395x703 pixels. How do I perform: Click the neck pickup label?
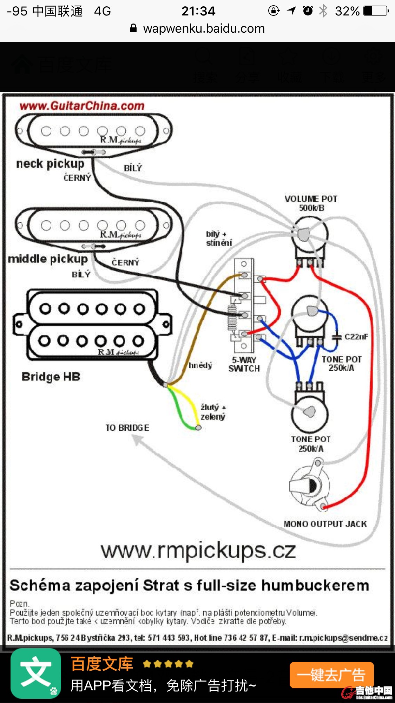point(50,164)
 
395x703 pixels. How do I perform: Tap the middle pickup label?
point(48,259)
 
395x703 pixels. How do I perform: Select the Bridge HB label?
point(51,377)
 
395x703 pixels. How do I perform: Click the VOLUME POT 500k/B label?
point(311,203)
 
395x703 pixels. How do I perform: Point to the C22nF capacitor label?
point(356,337)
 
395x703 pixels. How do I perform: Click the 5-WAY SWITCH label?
point(244,364)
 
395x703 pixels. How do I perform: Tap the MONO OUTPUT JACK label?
point(325,524)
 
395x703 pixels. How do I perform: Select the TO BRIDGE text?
point(127,428)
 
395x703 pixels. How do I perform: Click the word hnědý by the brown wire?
point(200,365)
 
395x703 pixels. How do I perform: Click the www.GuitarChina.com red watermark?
point(82,106)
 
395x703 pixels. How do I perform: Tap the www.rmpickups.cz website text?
point(198,551)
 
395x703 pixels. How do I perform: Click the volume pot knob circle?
point(310,234)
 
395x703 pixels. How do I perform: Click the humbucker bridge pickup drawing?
point(92,325)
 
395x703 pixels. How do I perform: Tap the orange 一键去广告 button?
point(331,675)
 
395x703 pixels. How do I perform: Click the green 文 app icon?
point(36,673)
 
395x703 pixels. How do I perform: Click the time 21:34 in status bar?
point(198,11)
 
